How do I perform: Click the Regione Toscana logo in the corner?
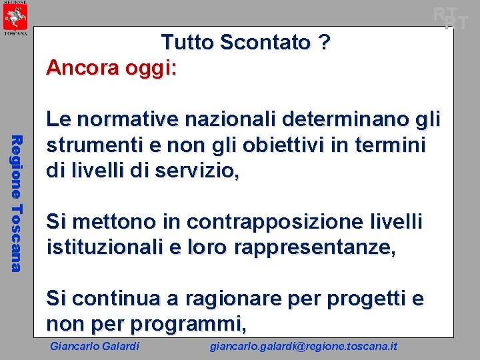pyautogui.click(x=15, y=19)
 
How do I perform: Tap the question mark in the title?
pyautogui.click(x=324, y=43)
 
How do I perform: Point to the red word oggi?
pyautogui.click(x=150, y=68)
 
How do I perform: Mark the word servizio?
pyautogui.click(x=195, y=170)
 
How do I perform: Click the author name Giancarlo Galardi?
pyautogui.click(x=95, y=346)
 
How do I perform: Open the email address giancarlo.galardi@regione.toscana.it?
pyautogui.click(x=303, y=346)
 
